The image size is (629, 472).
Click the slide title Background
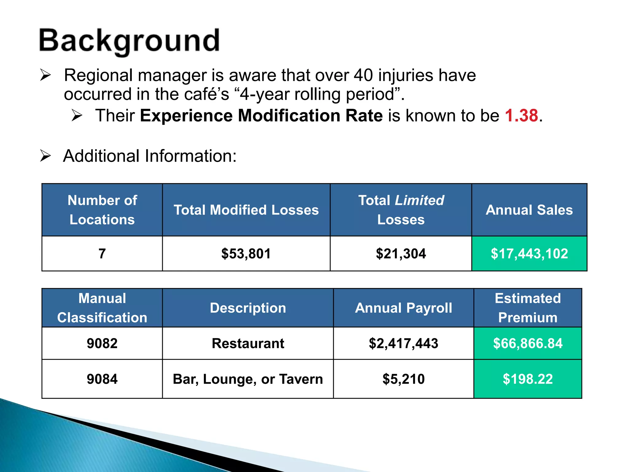(x=129, y=41)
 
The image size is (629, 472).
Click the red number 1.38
(x=522, y=116)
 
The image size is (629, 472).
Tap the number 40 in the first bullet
(x=363, y=75)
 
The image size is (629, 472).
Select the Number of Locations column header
(x=102, y=210)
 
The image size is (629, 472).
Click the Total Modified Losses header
(x=246, y=210)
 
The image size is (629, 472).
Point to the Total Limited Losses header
(x=401, y=210)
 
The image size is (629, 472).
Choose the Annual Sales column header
(x=529, y=210)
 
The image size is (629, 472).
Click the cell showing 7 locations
(x=102, y=254)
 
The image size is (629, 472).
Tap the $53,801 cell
(x=246, y=254)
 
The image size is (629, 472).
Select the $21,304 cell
(x=401, y=254)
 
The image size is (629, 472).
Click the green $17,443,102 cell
(x=529, y=254)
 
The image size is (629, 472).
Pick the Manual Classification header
(x=102, y=308)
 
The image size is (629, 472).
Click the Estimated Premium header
(x=527, y=308)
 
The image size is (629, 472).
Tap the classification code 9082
(x=102, y=343)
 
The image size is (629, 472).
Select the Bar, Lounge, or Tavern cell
(x=248, y=379)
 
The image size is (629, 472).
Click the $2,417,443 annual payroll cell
(x=403, y=343)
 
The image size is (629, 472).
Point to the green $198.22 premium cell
(x=527, y=379)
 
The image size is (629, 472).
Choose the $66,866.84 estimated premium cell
(x=527, y=343)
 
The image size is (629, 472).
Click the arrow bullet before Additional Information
(x=45, y=156)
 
